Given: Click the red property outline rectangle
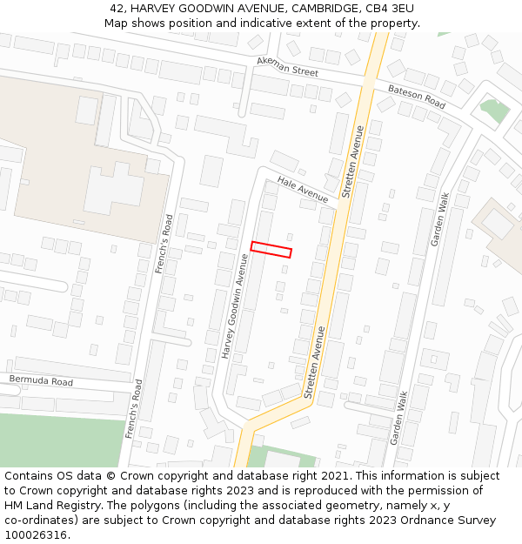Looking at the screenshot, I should [x=271, y=250].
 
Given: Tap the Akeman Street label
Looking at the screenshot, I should [x=287, y=67].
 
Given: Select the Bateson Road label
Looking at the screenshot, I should [x=417, y=97].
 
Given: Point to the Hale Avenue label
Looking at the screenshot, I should [x=303, y=189].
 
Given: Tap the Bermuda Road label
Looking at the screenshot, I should [x=41, y=381].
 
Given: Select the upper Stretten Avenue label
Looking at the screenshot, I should [x=353, y=163].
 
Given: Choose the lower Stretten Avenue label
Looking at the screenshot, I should [x=315, y=361].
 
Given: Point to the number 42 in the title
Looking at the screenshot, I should [x=117, y=8].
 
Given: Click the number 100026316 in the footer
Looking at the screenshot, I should [x=36, y=535].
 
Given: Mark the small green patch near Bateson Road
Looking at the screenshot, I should [x=493, y=111].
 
